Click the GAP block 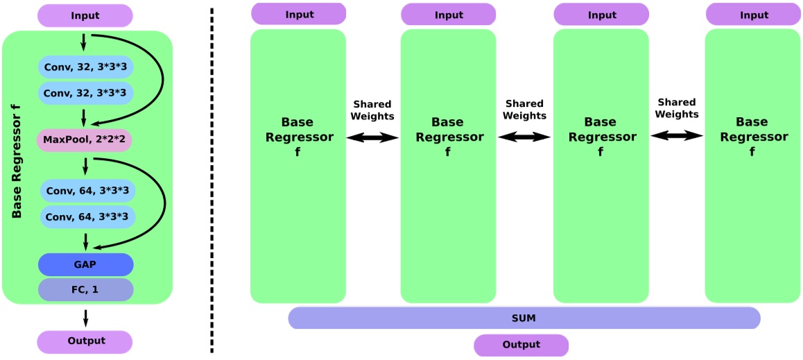tap(86, 264)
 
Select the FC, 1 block tap(86, 289)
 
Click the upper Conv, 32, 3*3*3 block tap(86, 67)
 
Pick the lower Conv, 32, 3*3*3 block tap(86, 92)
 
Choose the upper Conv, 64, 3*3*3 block tap(86, 191)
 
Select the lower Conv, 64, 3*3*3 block tap(86, 216)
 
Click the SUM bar tap(524, 318)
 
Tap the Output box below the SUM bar tap(521, 345)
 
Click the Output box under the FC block tap(84, 341)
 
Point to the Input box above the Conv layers tap(85, 15)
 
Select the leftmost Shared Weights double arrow tap(372, 138)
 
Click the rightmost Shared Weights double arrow tap(677, 136)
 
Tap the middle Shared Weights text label tap(525, 110)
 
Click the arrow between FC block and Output tap(85, 317)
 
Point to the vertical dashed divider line tap(212, 180)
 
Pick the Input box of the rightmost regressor tap(753, 15)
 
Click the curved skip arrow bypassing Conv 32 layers tap(161, 76)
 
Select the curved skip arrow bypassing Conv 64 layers tap(164, 201)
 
